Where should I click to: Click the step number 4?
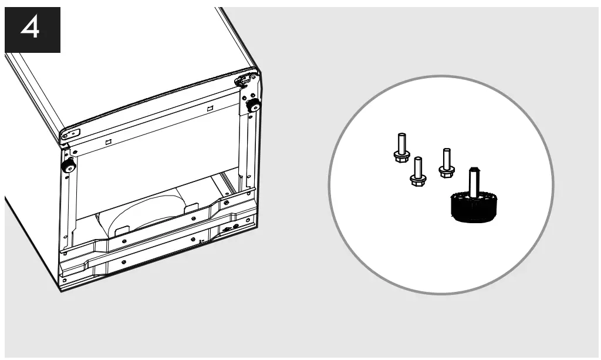point(32,28)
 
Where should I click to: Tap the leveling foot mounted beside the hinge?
point(254,106)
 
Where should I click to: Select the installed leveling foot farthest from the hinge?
point(69,166)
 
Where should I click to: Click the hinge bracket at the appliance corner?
point(247,80)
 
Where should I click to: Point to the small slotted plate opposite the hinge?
point(70,134)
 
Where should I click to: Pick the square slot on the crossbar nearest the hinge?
point(210,109)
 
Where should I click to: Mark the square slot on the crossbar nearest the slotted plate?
point(108,142)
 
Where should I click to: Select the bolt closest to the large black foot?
point(447,163)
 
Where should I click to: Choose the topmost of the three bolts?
point(401,147)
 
